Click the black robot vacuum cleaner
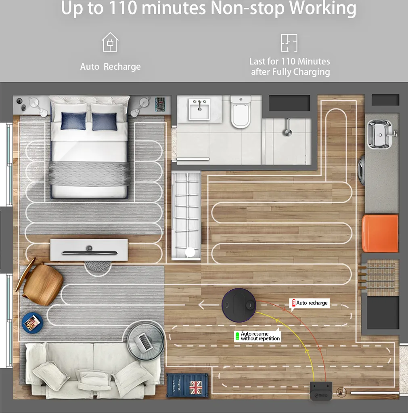tap(239, 305)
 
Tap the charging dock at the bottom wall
tap(321, 391)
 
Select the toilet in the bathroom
tap(241, 112)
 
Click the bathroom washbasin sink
tap(199, 109)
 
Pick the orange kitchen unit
tap(380, 233)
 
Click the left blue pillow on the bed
tap(73, 121)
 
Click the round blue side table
tap(32, 323)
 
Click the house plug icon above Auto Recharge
tap(110, 42)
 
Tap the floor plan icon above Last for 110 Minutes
tap(289, 43)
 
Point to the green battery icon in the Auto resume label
tap(237, 336)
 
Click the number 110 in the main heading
tap(123, 8)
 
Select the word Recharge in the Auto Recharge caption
tap(122, 67)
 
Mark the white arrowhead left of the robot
tap(202, 305)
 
